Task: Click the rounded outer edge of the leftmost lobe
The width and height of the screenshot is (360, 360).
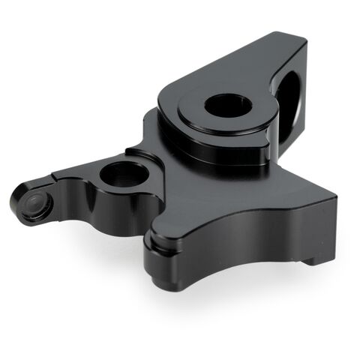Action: pyautogui.click(x=16, y=202)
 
